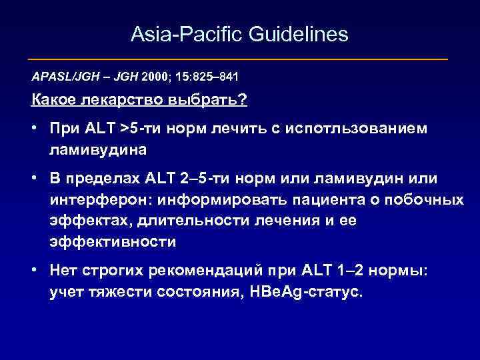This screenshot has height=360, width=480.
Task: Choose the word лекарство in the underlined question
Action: coord(113,100)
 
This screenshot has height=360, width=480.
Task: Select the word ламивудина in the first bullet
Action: coord(97,150)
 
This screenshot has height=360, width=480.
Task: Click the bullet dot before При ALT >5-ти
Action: coord(33,128)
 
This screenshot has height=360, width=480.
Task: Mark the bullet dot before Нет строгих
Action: coord(33,271)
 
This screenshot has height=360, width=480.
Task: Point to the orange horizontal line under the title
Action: coord(240,59)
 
